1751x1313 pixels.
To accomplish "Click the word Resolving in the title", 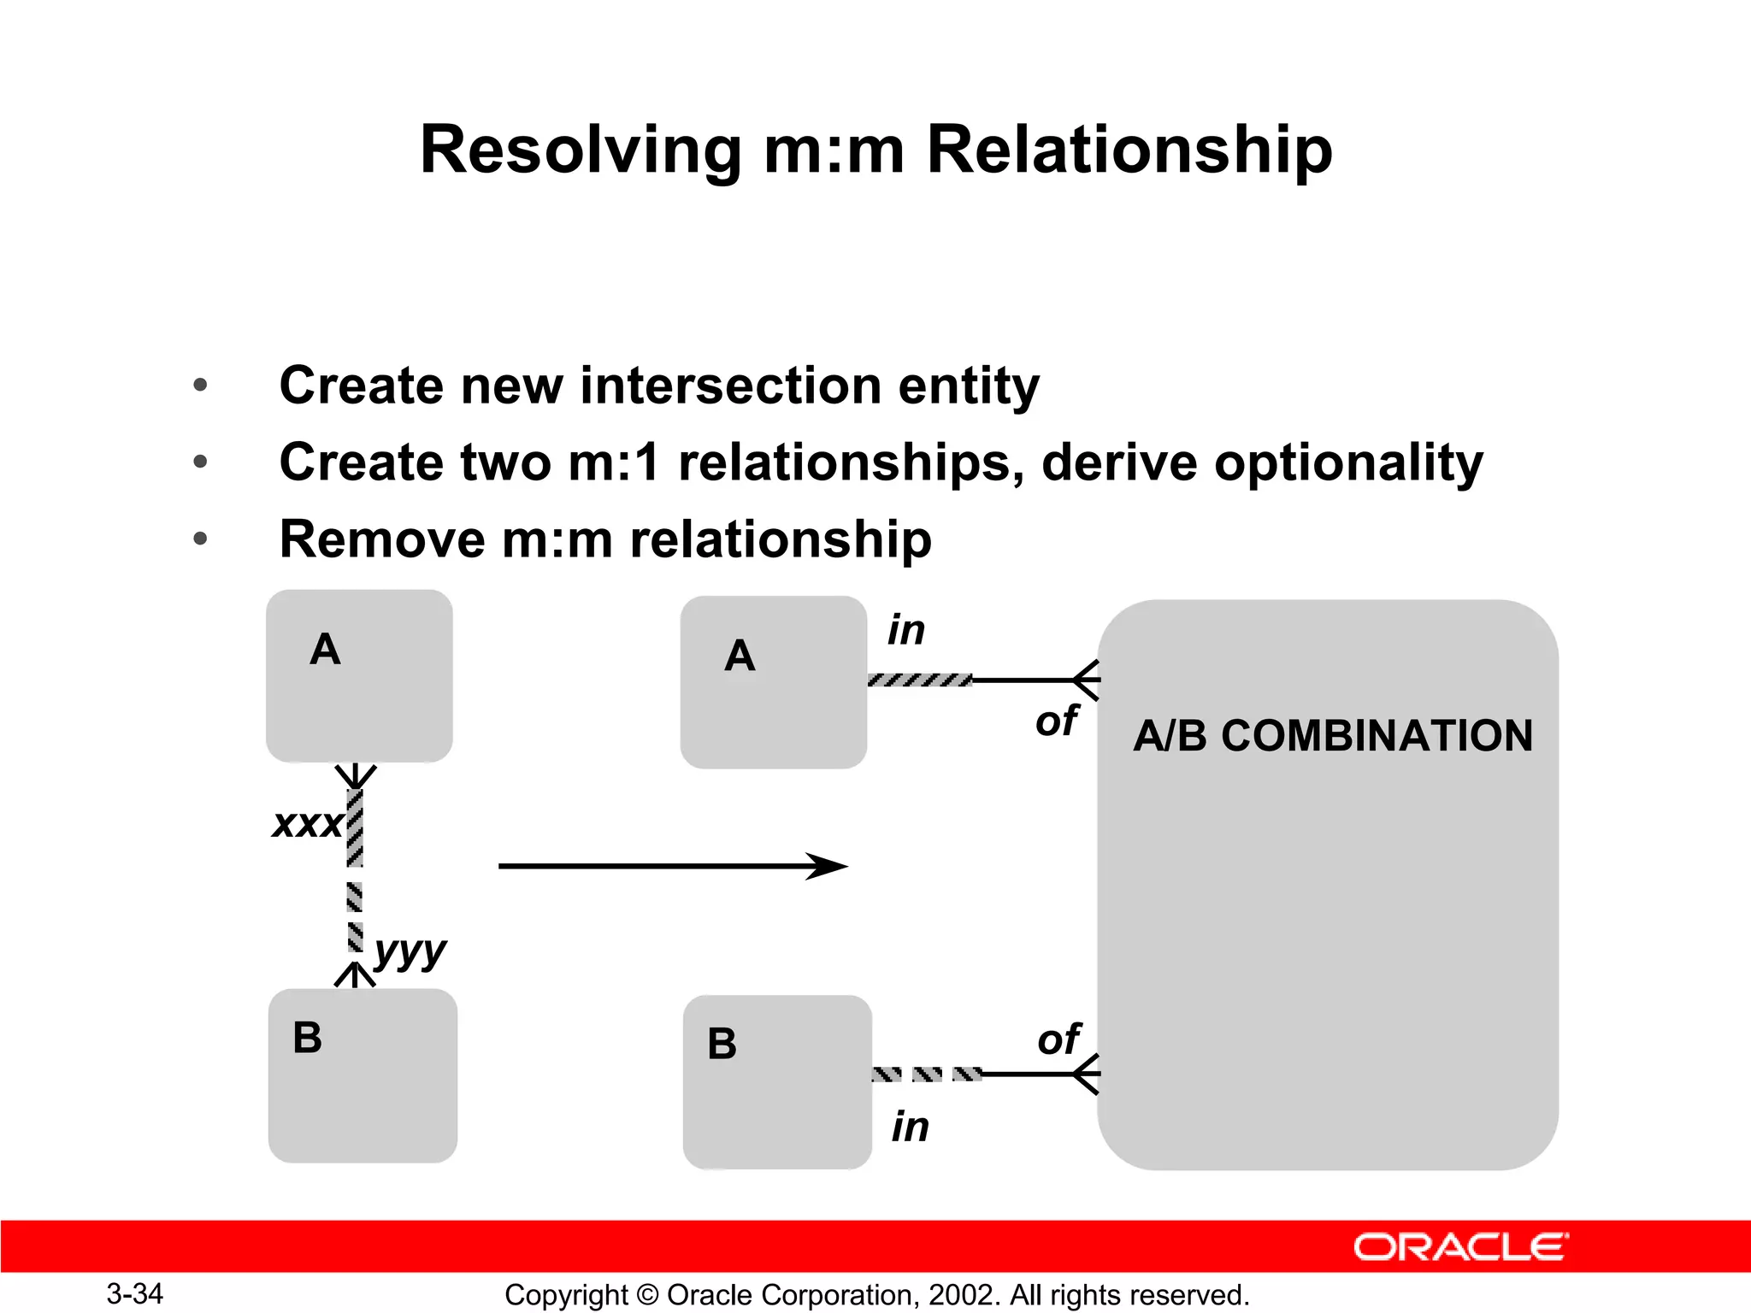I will tap(581, 151).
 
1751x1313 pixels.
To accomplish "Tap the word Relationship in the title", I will tap(1129, 151).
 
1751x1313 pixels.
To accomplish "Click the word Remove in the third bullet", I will tap(382, 539).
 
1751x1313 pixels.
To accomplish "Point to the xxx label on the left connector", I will tap(307, 824).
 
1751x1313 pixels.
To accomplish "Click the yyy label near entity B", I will tap(410, 950).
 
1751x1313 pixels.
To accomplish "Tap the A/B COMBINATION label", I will tap(1333, 736).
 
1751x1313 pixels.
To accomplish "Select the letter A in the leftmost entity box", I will tap(325, 650).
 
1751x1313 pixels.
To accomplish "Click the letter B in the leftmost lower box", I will tap(308, 1038).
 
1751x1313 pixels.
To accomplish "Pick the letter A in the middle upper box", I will tap(740, 656).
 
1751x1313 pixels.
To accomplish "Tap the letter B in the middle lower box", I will tap(722, 1044).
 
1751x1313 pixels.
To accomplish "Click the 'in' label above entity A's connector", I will tap(906, 630).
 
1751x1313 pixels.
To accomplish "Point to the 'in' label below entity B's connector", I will tap(911, 1127).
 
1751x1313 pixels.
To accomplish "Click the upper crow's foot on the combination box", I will tap(1086, 680).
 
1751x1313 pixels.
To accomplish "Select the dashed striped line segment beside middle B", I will tap(927, 1075).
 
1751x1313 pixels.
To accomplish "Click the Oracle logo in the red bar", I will tap(1460, 1247).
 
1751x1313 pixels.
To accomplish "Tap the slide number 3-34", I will tap(134, 1293).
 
